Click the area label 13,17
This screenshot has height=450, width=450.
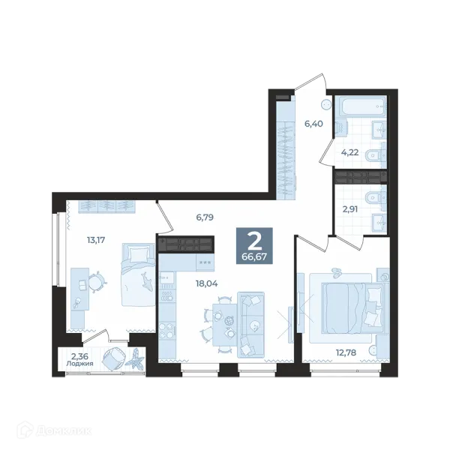(x=96, y=240)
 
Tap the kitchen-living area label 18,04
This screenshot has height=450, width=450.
(x=207, y=283)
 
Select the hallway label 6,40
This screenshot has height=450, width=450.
(x=313, y=124)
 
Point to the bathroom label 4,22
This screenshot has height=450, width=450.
(x=349, y=152)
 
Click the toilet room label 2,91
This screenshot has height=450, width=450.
(x=350, y=209)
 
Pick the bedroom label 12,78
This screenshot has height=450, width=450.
(x=346, y=352)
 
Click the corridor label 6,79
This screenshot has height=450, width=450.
(x=205, y=217)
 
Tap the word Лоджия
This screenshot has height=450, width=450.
(x=79, y=364)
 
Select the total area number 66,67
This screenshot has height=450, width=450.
(x=254, y=256)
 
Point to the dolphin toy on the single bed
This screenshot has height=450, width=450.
(x=148, y=281)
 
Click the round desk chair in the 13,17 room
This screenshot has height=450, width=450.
(x=97, y=281)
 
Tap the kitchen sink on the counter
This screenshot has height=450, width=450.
(x=166, y=277)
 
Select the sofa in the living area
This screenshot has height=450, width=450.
(x=250, y=325)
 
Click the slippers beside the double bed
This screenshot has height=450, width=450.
(x=335, y=273)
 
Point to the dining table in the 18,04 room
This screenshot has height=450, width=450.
(x=225, y=325)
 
